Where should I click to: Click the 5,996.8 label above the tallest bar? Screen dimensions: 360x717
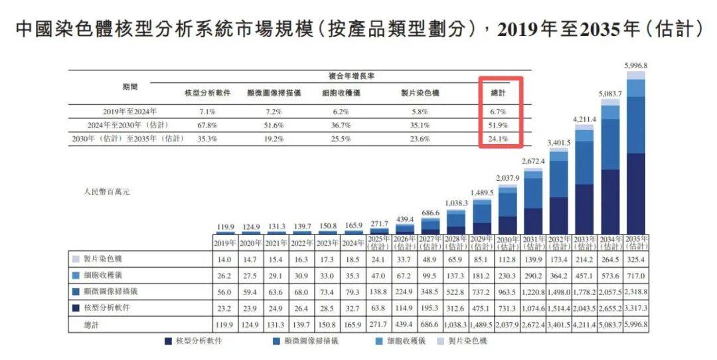[636, 65]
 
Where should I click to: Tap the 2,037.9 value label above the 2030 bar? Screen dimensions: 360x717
[507, 178]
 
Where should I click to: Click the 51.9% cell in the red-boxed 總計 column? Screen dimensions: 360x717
[501, 125]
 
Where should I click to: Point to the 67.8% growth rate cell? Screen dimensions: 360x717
[207, 125]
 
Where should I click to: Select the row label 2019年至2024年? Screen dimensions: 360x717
[130, 111]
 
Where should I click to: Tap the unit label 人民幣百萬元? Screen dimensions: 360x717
[108, 191]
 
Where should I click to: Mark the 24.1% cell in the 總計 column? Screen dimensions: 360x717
[501, 139]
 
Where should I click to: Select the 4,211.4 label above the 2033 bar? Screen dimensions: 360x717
[584, 119]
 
